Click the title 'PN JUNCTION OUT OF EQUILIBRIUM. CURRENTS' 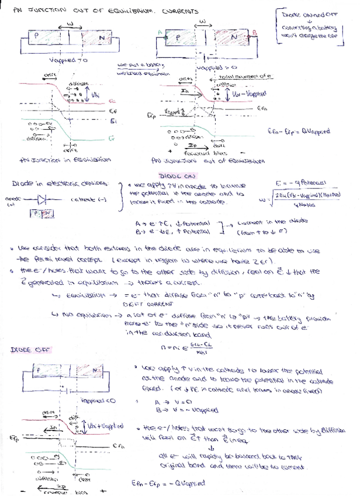click(x=106, y=11)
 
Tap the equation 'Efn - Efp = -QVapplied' click(x=168, y=483)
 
